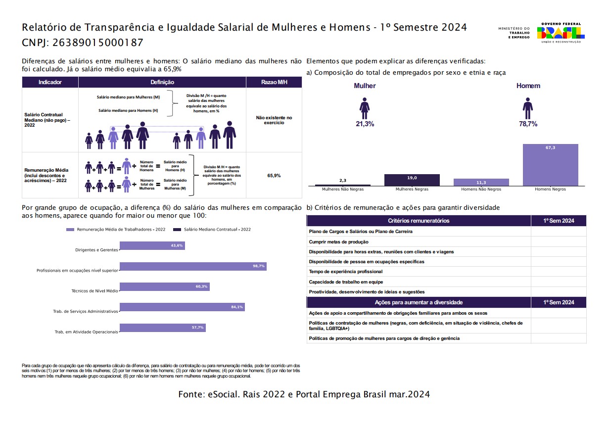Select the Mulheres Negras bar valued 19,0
tap(412, 180)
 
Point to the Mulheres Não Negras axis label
tap(343, 189)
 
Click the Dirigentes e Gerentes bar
tap(152, 245)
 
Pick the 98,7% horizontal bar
tap(193, 266)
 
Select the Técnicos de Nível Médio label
tap(94, 291)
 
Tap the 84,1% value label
tap(237, 307)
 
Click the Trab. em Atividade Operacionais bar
tap(162, 328)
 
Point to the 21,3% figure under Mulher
tap(365, 124)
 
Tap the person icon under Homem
tap(527, 108)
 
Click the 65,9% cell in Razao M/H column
tap(274, 176)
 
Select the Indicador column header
tap(50, 82)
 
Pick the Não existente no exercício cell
tap(274, 120)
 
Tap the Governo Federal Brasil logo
tap(561, 32)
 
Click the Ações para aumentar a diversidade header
tap(418, 302)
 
